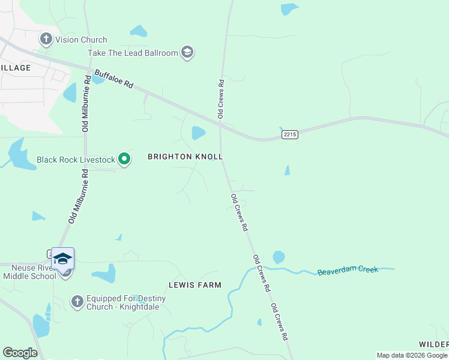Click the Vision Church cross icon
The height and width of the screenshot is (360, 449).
(x=46, y=40)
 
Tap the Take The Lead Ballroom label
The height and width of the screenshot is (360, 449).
(x=133, y=53)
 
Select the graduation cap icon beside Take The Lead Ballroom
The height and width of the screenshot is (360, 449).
(x=187, y=53)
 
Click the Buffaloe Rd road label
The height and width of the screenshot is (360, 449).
(x=113, y=79)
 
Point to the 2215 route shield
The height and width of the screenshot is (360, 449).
(x=289, y=135)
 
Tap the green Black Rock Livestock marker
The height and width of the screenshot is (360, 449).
(x=124, y=159)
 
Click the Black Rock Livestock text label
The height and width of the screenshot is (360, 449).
(x=76, y=160)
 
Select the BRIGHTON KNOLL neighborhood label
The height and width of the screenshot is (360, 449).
(x=185, y=157)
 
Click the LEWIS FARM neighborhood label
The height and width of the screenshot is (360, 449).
(x=195, y=285)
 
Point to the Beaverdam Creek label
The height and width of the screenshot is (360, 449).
(x=348, y=271)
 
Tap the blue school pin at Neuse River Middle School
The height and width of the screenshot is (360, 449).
(x=62, y=259)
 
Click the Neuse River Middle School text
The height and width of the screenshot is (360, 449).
(x=29, y=272)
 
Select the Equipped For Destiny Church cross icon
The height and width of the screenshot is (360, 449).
(x=77, y=301)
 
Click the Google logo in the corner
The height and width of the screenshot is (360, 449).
(x=20, y=353)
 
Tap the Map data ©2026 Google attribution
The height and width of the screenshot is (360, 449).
(x=412, y=355)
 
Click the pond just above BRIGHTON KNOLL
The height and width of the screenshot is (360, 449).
(x=198, y=133)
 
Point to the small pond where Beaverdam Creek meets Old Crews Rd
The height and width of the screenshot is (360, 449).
(x=279, y=257)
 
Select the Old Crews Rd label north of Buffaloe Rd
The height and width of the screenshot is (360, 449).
(x=221, y=99)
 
